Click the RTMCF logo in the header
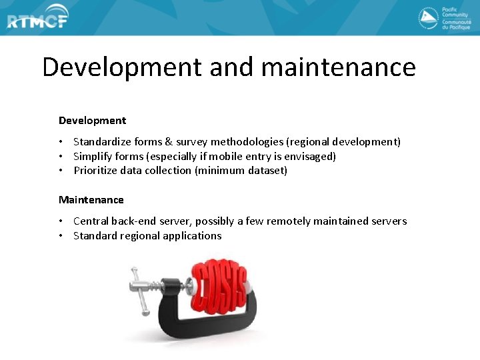pyautogui.click(x=37, y=20)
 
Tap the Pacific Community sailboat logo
pyautogui.click(x=428, y=18)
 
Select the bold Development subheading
pyautogui.click(x=92, y=121)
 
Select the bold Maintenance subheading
pyautogui.click(x=91, y=200)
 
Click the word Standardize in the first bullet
pyautogui.click(x=102, y=142)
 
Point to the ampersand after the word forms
pyautogui.click(x=169, y=142)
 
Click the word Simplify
pyautogui.click(x=93, y=157)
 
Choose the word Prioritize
pyautogui.click(x=95, y=171)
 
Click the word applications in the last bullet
pyautogui.click(x=189, y=236)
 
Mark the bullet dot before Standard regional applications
pyautogui.click(x=61, y=236)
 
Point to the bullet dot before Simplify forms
pyautogui.click(x=61, y=157)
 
